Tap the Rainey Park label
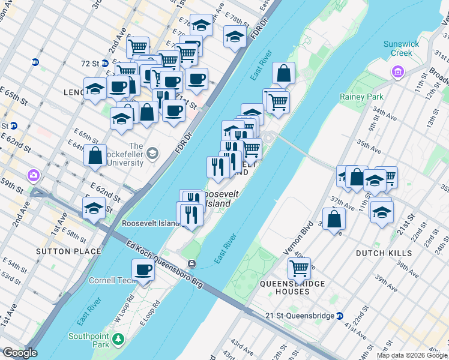[361, 97]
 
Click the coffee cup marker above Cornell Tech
[143, 270]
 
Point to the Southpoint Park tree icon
[119, 341]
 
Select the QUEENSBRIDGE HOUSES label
[293, 287]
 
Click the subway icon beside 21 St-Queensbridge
[340, 316]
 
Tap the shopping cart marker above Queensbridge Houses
[299, 268]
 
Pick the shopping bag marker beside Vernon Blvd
[334, 219]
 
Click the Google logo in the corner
[20, 353]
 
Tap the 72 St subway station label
[89, 63]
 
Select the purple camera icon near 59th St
[32, 175]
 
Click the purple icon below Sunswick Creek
[396, 73]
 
